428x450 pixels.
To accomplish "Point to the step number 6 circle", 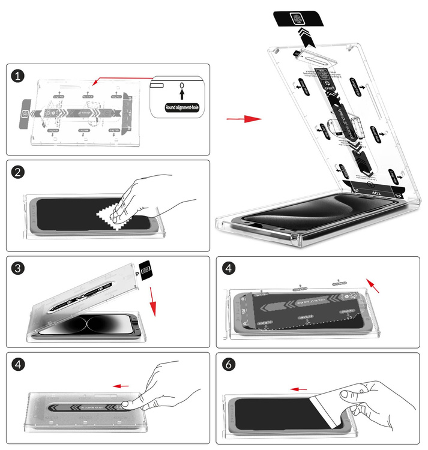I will (x=229, y=364).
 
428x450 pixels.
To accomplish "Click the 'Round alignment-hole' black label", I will (x=181, y=108).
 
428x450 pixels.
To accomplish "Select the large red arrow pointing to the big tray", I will (x=244, y=119).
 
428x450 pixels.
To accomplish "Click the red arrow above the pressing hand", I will (x=122, y=386).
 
